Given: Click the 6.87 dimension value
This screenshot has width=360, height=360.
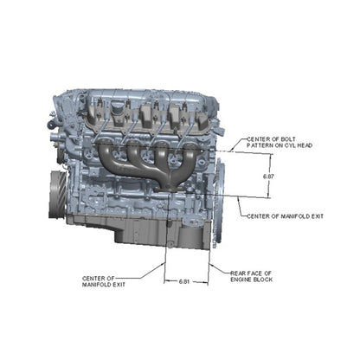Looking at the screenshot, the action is [268, 177].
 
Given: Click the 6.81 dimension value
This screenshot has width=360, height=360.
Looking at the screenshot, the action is [184, 281].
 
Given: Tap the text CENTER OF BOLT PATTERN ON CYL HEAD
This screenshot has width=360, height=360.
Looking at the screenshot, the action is [280, 143].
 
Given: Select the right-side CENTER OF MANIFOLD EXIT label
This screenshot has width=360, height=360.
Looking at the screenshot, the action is [285, 216].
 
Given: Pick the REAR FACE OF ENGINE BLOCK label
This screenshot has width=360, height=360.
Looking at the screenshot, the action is [251, 276].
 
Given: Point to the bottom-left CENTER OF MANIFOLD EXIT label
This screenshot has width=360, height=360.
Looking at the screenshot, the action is [104, 281].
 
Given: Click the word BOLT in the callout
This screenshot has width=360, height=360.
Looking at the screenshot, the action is [288, 139].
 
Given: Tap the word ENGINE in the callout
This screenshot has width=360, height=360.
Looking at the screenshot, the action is [241, 280].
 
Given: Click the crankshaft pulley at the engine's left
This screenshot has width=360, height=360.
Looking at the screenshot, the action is [58, 195].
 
